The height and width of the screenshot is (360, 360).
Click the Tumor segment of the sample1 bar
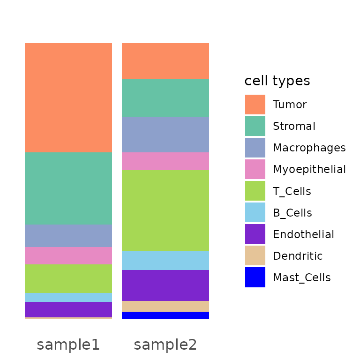point(68,97)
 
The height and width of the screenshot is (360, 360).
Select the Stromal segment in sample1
point(68,188)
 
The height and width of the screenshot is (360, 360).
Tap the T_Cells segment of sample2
point(165,210)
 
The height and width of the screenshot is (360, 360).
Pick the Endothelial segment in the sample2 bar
point(165,285)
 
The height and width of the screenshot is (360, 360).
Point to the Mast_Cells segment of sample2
point(165,315)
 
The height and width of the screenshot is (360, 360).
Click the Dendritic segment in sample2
point(165,306)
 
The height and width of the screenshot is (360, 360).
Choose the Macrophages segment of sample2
point(165,135)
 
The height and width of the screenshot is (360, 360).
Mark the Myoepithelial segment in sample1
point(68,255)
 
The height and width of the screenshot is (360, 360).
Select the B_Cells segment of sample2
point(165,260)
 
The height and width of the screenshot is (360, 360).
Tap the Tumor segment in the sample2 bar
point(165,61)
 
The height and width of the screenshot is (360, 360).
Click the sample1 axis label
point(68,345)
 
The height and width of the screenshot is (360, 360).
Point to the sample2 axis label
point(165,345)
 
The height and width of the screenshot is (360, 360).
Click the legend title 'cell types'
point(277,81)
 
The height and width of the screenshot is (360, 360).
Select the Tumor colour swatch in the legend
point(255,105)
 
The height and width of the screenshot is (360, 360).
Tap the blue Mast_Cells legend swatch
point(255,277)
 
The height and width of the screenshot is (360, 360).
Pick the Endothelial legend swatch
point(255,234)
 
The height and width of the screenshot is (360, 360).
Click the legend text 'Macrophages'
point(309,148)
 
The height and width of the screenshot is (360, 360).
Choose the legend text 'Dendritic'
point(298,256)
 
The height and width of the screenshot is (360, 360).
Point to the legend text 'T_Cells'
point(292,191)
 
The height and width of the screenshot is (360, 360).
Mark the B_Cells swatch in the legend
point(255,213)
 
